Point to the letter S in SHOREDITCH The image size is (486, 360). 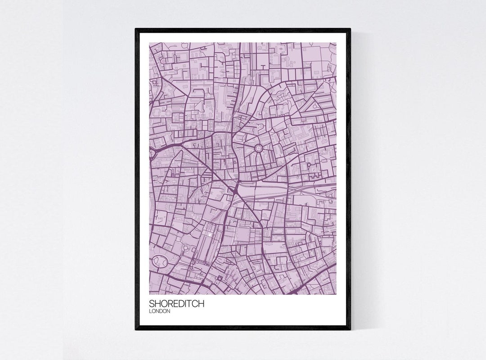152,304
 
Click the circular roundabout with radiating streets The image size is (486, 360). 258,148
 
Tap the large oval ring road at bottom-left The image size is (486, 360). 159,261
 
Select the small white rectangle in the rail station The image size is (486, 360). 208,234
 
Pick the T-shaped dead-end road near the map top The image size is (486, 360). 262,68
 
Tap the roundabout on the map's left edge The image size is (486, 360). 152,153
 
